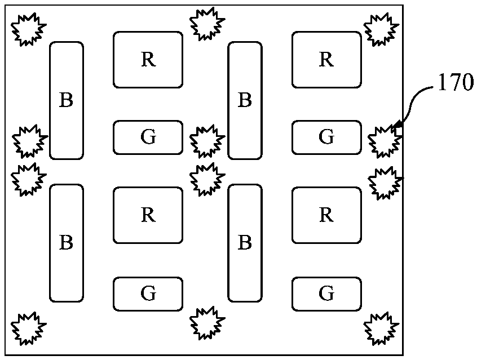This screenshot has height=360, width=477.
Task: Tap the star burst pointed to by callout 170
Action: (x=385, y=141)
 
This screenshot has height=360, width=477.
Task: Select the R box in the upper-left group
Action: (x=148, y=60)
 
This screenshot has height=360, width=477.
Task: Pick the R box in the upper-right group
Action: (x=326, y=60)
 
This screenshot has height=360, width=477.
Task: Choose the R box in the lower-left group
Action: (x=148, y=215)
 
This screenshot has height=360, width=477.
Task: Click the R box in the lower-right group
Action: (x=326, y=215)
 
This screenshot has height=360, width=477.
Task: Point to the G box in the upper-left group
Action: (x=148, y=137)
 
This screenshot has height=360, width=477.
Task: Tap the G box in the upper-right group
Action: (x=326, y=137)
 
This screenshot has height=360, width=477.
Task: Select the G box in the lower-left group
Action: (x=148, y=294)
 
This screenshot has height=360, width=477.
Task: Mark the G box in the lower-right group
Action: (x=326, y=294)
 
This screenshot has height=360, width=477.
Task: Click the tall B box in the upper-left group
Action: (x=67, y=100)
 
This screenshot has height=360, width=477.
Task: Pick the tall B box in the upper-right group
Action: (x=245, y=100)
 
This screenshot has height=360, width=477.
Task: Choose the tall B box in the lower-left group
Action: (x=67, y=243)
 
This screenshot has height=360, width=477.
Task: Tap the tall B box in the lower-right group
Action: (x=245, y=243)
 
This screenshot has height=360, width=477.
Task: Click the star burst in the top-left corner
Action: (x=29, y=29)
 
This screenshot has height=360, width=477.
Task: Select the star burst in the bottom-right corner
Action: (x=382, y=327)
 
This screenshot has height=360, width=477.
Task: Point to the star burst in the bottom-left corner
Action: (x=29, y=327)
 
